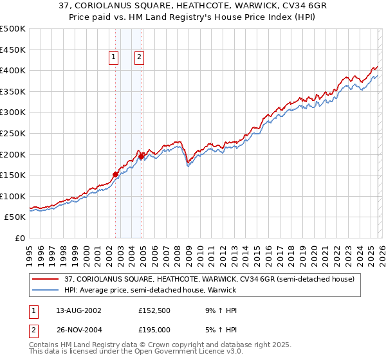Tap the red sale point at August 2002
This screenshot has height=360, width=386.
click(x=115, y=174)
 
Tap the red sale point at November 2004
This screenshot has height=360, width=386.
click(x=142, y=156)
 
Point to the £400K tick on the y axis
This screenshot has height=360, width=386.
click(x=13, y=71)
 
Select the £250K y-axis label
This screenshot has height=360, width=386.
click(x=13, y=134)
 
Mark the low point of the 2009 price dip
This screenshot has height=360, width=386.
click(x=188, y=165)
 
